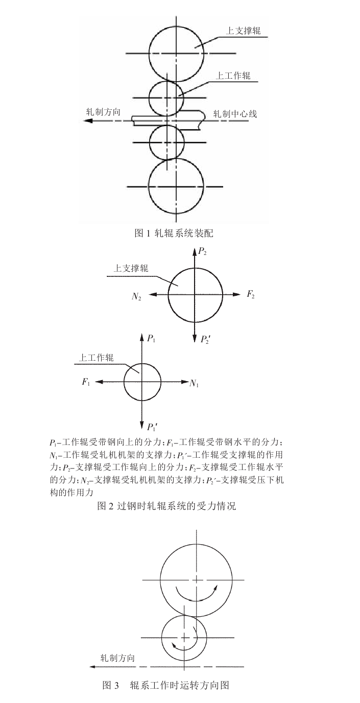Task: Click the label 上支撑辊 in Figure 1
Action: click(x=244, y=31)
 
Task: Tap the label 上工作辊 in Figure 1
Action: click(x=233, y=76)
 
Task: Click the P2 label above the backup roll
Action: click(x=202, y=251)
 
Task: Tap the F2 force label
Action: click(x=251, y=294)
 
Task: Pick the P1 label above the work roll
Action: click(x=151, y=338)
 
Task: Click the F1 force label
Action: click(x=86, y=382)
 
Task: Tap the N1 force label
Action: click(x=194, y=383)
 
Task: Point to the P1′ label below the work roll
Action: click(x=152, y=427)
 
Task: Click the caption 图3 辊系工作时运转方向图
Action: click(x=169, y=685)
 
